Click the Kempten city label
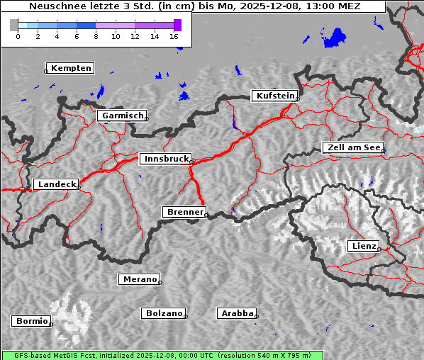point(72,68)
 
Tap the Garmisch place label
point(123,116)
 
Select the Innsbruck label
point(166,159)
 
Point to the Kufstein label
point(274,96)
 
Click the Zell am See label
point(352,147)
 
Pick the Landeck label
point(56,184)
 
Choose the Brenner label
point(185,212)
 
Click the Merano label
point(139,279)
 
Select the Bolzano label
point(164,313)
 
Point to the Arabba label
point(237,313)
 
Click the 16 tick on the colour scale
point(174,35)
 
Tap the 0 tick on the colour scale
point(18,35)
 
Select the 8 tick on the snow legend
point(96,35)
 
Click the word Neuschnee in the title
point(55,7)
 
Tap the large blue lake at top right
point(334,38)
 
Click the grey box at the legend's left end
point(14,25)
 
